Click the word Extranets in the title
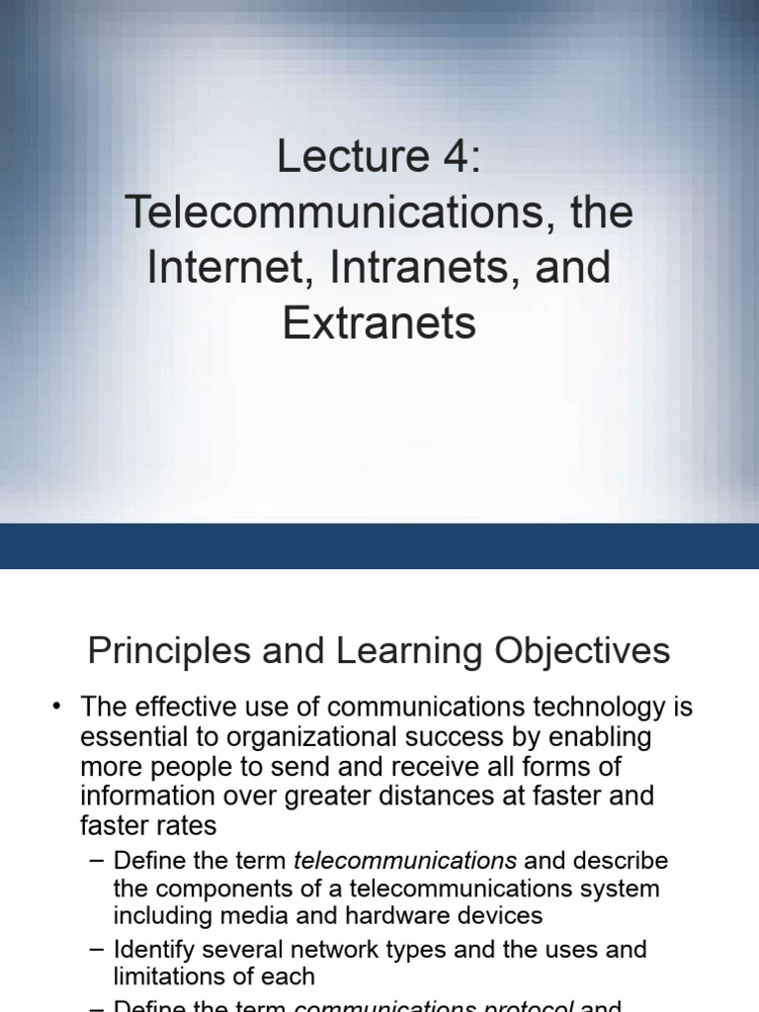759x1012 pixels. [x=379, y=323]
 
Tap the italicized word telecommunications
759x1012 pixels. [x=405, y=861]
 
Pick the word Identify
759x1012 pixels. [x=155, y=950]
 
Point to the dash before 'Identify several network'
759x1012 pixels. [x=96, y=950]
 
